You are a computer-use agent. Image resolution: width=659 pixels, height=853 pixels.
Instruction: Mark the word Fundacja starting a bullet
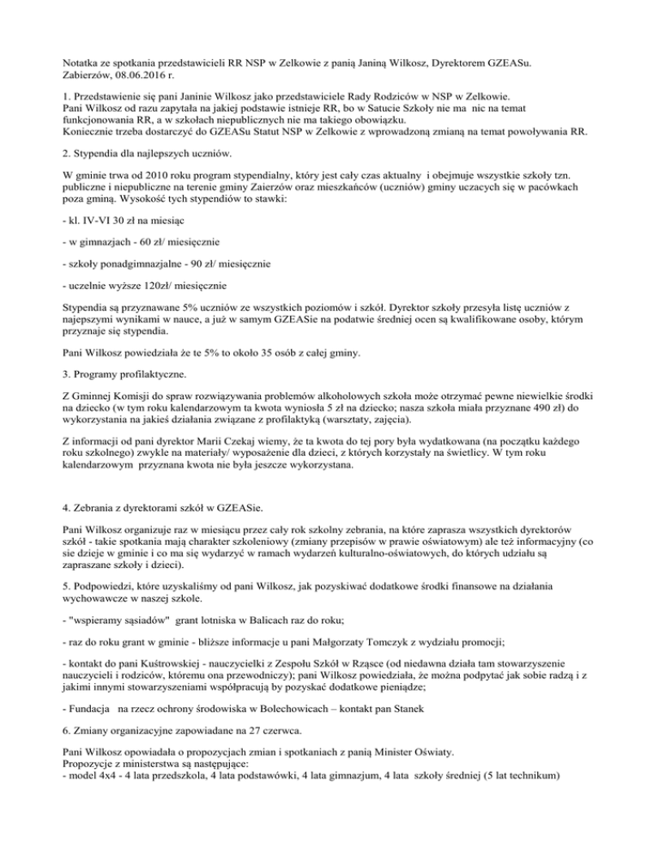[94, 747]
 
